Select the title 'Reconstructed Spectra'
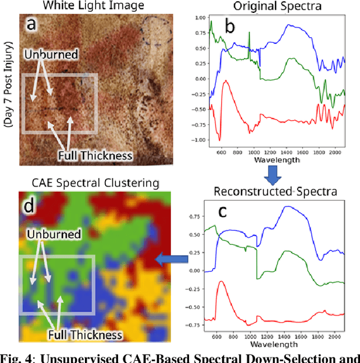click(275, 191)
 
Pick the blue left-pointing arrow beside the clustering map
click(172, 259)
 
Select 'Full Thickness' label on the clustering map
click(84, 335)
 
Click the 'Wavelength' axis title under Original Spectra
click(275, 160)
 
